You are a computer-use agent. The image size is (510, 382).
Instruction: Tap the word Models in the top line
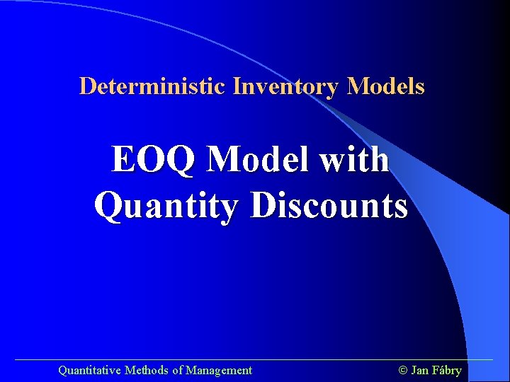tap(386, 86)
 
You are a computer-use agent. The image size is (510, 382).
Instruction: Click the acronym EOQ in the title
tap(153, 160)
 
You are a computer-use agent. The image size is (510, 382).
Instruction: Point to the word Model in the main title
tap(258, 160)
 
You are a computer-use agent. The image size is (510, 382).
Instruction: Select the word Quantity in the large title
tap(167, 207)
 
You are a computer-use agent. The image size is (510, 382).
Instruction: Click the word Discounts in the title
tap(329, 206)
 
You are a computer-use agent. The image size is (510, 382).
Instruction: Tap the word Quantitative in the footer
tap(90, 370)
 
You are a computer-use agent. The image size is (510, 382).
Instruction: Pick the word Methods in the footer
tap(147, 370)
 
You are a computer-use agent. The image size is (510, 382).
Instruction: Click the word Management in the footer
tap(219, 370)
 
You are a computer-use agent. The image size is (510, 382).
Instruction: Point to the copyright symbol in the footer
tap(403, 370)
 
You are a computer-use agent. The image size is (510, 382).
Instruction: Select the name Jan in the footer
tap(419, 370)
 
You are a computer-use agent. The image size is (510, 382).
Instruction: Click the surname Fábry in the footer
tap(446, 370)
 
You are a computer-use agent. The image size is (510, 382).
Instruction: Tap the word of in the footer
tap(177, 370)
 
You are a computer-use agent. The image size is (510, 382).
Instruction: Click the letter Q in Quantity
tap(108, 207)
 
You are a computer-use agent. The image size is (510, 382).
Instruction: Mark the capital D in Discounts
tap(263, 206)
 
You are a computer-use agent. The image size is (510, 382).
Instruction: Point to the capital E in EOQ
tap(123, 160)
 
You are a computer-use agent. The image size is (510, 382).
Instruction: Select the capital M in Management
tap(191, 370)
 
